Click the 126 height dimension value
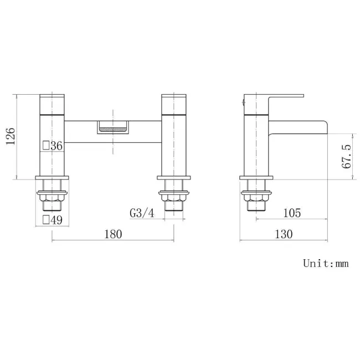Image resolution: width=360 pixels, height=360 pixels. pyautogui.click(x=11, y=136)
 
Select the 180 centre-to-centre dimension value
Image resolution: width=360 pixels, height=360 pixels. pyautogui.click(x=113, y=234)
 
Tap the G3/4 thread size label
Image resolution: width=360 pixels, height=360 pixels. pyautogui.click(x=142, y=213)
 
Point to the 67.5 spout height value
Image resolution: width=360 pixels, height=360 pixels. pyautogui.click(x=347, y=157)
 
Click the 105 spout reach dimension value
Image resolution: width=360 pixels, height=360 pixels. pyautogui.click(x=292, y=213)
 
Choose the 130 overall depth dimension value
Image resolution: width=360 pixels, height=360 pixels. pyautogui.click(x=284, y=234)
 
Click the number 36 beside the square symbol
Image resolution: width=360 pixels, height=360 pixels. pyautogui.click(x=56, y=146)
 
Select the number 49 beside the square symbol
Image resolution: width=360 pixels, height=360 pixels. pyautogui.click(x=56, y=220)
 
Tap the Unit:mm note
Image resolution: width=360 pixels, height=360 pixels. pyautogui.click(x=326, y=263)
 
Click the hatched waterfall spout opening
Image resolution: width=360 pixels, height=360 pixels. pyautogui.click(x=113, y=130)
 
